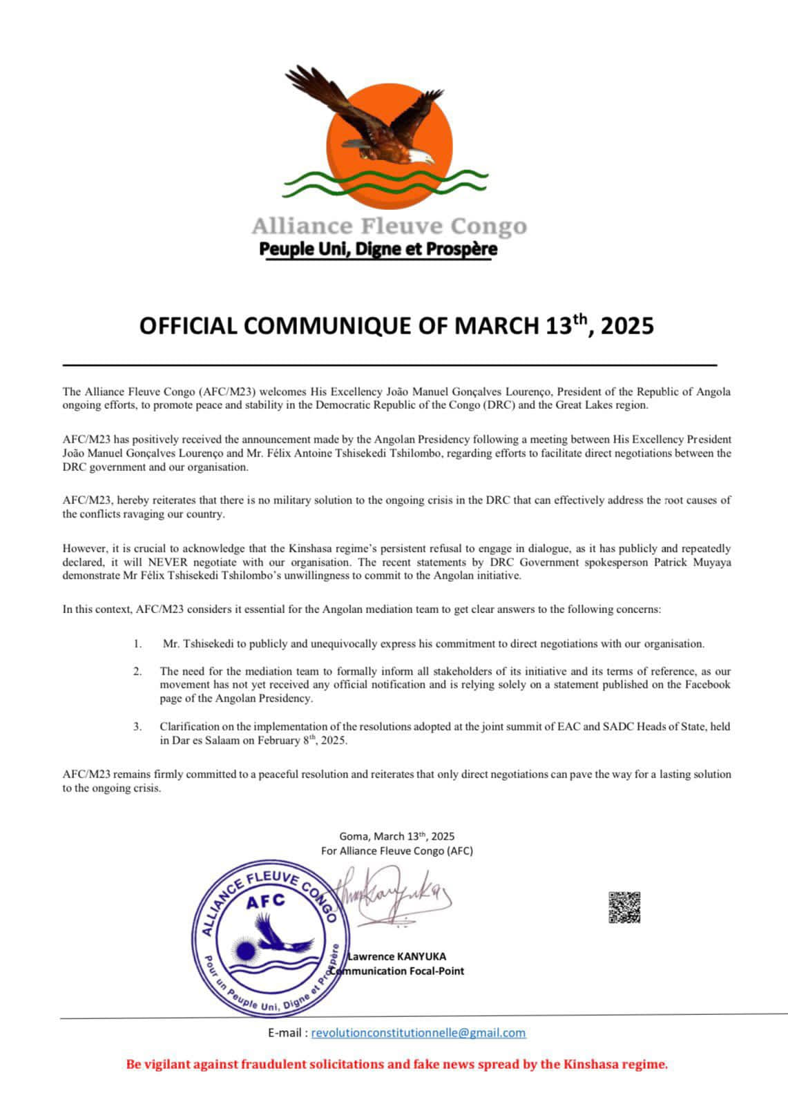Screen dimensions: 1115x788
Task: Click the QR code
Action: pos(624,907)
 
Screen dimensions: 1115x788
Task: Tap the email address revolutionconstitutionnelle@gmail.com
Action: pos(419,1033)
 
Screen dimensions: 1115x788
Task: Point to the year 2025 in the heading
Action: pos(626,326)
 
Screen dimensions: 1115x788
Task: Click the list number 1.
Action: pos(138,644)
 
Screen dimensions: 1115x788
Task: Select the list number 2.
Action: pos(138,671)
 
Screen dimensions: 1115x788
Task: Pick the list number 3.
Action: pos(138,726)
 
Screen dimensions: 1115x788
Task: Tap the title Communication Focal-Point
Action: pos(398,971)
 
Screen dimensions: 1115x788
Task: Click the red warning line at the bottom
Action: pos(397,1064)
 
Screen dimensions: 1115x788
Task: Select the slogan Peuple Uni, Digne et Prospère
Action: pos(378,249)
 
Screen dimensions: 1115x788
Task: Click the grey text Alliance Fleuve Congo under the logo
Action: pos(388,226)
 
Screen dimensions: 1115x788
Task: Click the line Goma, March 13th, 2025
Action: pos(397,837)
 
